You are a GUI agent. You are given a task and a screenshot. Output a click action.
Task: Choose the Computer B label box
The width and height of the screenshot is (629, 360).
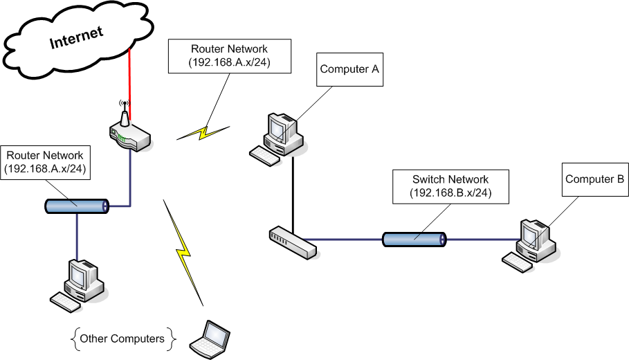pyautogui.click(x=594, y=179)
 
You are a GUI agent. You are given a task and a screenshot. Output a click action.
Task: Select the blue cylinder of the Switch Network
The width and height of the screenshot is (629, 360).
pyautogui.click(x=414, y=240)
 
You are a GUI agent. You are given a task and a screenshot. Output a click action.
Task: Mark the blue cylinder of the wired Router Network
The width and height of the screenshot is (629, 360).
pyautogui.click(x=77, y=206)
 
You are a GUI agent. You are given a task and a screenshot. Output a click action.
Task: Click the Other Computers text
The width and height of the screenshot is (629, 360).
pyautogui.click(x=122, y=339)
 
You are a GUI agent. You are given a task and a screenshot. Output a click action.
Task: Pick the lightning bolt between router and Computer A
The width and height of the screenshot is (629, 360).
pyautogui.click(x=203, y=132)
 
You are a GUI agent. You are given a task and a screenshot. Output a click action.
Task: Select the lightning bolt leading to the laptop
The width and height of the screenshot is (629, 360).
pyautogui.click(x=183, y=253)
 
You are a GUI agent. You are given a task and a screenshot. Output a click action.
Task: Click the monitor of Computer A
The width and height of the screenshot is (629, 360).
pyautogui.click(x=277, y=127)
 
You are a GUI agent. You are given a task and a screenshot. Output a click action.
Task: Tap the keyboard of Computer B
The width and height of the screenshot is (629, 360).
pyautogui.click(x=516, y=261)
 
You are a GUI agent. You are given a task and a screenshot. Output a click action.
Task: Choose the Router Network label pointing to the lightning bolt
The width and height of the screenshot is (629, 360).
pyautogui.click(x=229, y=55)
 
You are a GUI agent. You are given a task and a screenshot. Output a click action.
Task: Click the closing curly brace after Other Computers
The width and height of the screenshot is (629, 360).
pyautogui.click(x=172, y=339)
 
